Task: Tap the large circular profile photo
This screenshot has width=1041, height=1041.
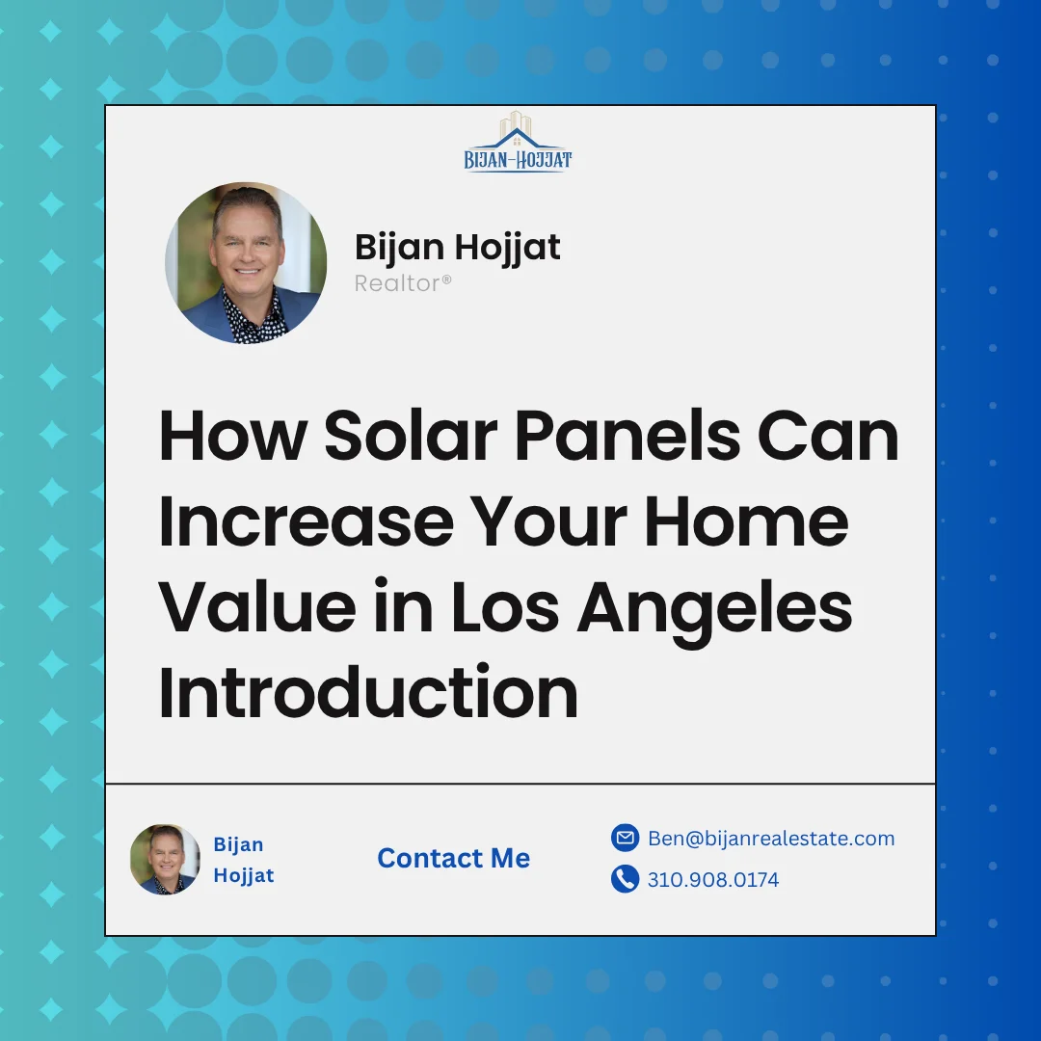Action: [x=245, y=263]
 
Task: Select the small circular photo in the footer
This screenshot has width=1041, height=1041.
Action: [x=165, y=859]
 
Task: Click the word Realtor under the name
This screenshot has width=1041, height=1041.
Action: [x=403, y=283]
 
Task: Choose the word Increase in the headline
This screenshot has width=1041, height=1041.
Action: [x=306, y=521]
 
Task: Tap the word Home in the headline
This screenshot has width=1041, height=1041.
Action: [x=747, y=521]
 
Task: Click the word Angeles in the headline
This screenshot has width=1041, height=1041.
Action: [x=714, y=607]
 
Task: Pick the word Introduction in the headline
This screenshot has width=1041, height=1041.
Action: [x=367, y=692]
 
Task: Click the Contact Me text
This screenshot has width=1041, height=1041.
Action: [x=453, y=858]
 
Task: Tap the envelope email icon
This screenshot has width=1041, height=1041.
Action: [x=625, y=838]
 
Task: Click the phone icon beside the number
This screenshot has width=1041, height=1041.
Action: [x=625, y=879]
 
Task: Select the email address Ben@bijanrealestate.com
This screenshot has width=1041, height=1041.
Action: [x=771, y=839]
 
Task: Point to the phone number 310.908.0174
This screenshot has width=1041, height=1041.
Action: [x=713, y=880]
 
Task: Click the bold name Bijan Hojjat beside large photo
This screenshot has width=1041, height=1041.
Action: [x=457, y=247]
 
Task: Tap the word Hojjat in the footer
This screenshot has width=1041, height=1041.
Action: [x=244, y=875]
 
